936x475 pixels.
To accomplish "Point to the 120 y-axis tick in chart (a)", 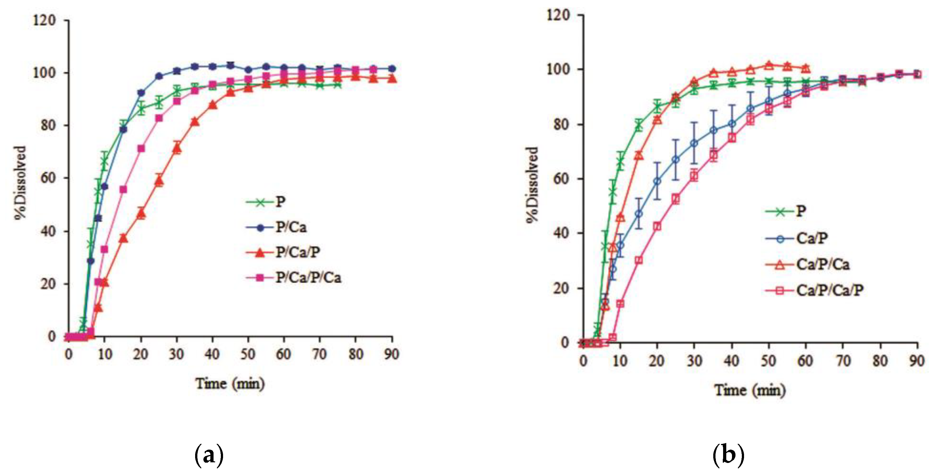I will tap(44, 20).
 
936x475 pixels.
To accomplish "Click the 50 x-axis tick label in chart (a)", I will tap(248, 354).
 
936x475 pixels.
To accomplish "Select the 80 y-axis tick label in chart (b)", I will tap(560, 124).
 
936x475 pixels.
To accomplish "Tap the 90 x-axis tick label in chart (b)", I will tap(916, 361).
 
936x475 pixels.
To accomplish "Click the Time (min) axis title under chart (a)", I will tap(230, 383).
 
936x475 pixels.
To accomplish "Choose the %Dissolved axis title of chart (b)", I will tap(532, 185).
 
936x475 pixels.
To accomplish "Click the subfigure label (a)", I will tap(209, 455).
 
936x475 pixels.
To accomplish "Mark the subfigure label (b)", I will tap(728, 455).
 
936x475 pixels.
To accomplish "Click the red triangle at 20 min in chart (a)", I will tap(141, 213).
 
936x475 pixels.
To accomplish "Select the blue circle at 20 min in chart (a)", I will tap(141, 93).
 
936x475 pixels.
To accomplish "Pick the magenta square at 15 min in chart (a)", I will tap(123, 190).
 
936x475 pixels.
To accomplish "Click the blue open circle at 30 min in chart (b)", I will tap(694, 143).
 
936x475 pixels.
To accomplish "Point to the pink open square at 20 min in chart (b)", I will tap(657, 226).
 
